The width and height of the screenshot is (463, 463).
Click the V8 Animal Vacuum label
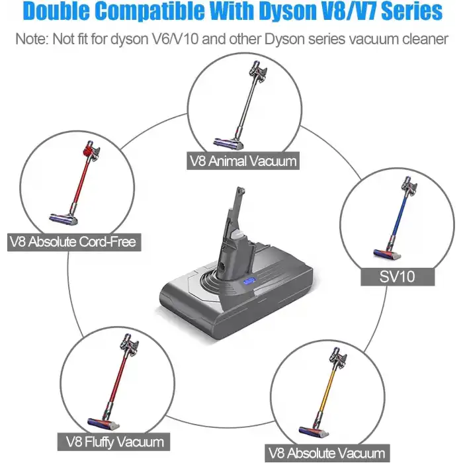click(x=243, y=160)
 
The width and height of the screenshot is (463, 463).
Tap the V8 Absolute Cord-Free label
click(x=73, y=241)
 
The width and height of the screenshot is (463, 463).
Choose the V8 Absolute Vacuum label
click(x=326, y=454)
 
